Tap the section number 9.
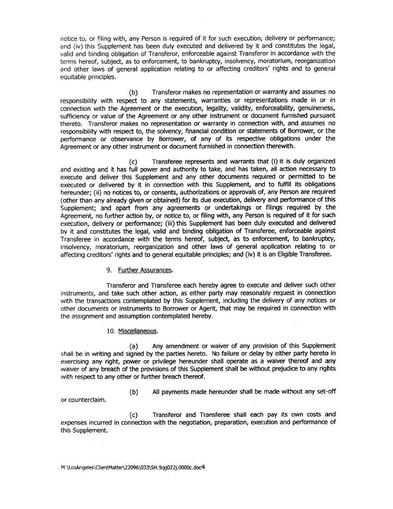point(109,270)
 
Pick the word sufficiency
point(75,116)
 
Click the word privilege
point(154,361)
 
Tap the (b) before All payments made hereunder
point(134,392)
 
